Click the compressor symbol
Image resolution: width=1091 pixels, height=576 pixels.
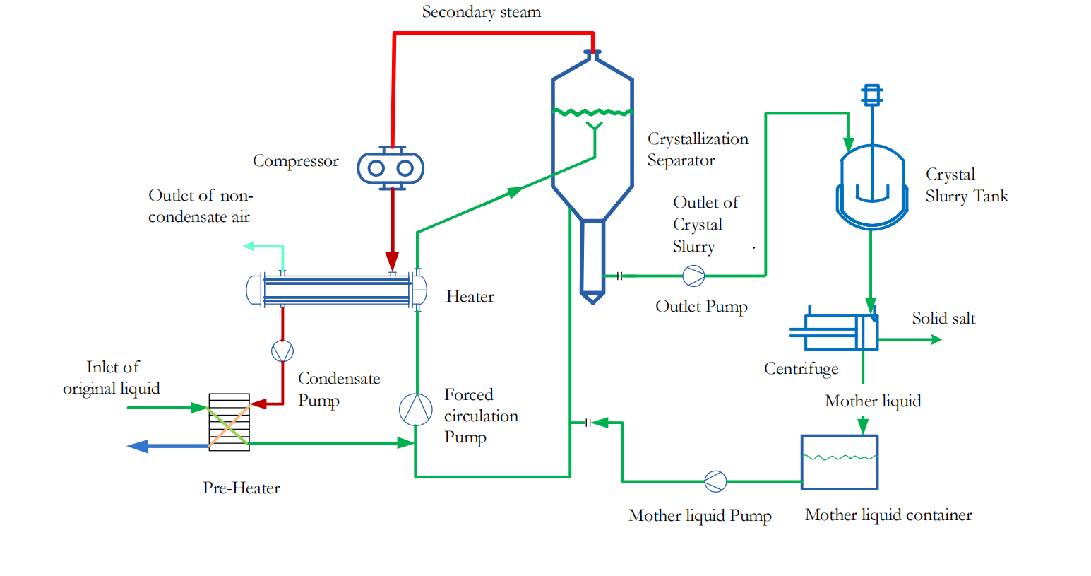(x=391, y=168)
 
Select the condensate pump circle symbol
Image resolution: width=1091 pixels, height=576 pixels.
(x=282, y=351)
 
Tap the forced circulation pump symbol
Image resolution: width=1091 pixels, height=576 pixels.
(x=416, y=410)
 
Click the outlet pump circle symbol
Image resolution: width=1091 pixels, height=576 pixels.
(x=693, y=276)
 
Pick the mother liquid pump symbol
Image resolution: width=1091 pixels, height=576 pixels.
(x=715, y=481)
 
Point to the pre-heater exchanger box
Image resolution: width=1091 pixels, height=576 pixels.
(x=229, y=422)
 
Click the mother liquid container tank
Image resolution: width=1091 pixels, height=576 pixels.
(x=840, y=462)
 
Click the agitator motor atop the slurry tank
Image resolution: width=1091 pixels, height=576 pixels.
(x=872, y=95)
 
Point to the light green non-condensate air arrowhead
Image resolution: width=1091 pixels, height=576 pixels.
(x=249, y=246)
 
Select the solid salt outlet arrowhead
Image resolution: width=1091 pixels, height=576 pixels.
(x=936, y=339)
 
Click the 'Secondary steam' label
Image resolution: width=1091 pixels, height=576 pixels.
(x=482, y=12)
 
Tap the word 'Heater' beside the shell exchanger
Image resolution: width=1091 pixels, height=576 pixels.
(x=470, y=297)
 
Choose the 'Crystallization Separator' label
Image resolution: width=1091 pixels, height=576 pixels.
(x=698, y=150)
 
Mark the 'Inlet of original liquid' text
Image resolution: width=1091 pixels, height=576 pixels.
(x=112, y=377)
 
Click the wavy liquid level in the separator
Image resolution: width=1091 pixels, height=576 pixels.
(x=592, y=112)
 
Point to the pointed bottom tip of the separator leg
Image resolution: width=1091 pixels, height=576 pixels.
(x=592, y=300)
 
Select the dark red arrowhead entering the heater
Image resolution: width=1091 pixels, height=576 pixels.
(x=392, y=262)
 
